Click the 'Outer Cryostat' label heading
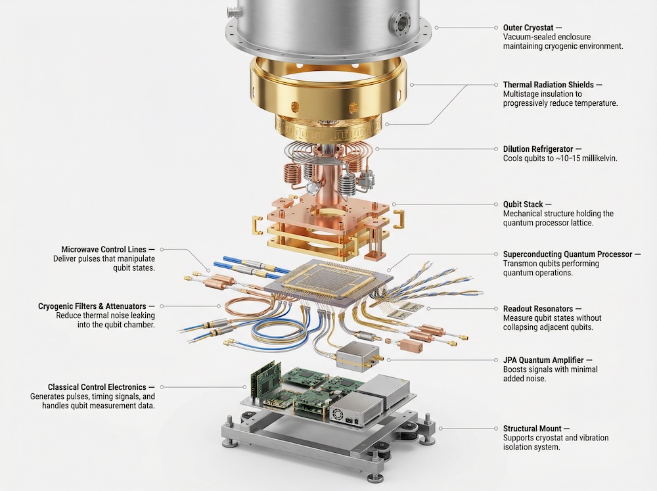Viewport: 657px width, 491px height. point(528,28)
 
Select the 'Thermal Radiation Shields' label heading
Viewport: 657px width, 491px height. point(548,85)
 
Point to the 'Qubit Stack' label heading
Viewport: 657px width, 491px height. point(523,204)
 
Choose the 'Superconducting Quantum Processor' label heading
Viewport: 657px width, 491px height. point(567,254)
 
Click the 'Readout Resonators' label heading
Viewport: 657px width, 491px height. point(537,308)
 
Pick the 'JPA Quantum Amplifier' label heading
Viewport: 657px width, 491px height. point(543,360)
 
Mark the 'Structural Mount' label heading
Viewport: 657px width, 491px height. point(533,429)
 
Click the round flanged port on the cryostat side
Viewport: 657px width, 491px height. point(399,24)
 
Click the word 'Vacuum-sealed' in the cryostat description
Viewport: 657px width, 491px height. point(528,37)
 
